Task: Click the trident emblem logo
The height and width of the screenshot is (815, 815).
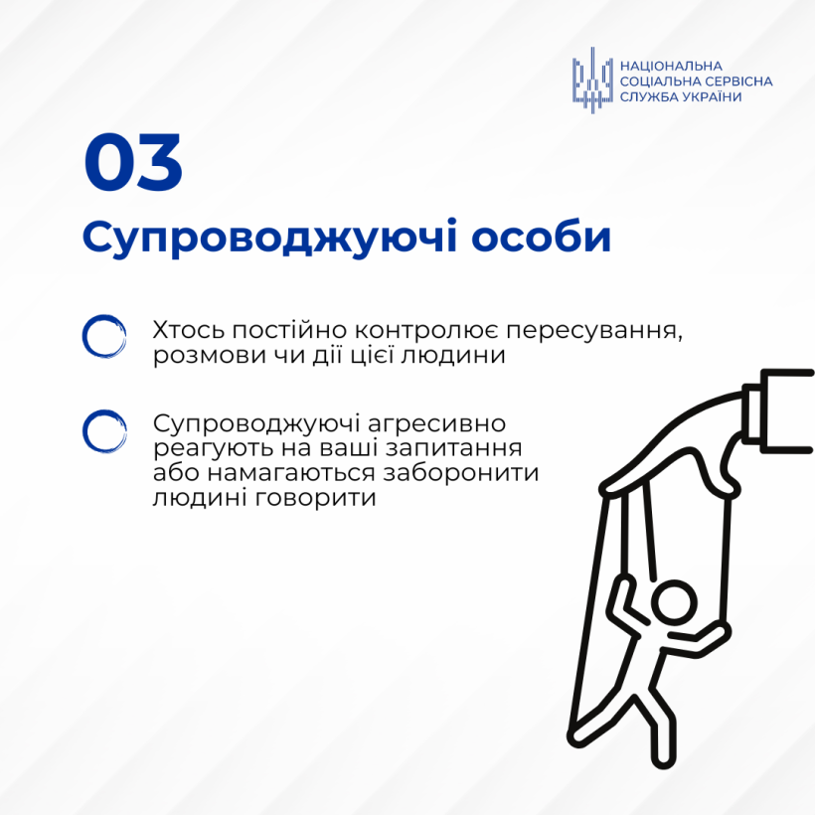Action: (592, 81)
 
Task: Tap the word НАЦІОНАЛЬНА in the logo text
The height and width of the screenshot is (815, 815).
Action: (671, 66)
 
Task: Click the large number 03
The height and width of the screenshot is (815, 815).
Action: (133, 163)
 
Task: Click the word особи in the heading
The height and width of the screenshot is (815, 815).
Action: (541, 237)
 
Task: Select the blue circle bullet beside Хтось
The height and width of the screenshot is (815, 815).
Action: (104, 336)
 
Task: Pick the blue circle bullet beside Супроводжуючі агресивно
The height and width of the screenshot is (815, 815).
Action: (104, 431)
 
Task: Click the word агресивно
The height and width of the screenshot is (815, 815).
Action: (436, 424)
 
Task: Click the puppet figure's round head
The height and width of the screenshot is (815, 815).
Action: (674, 603)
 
